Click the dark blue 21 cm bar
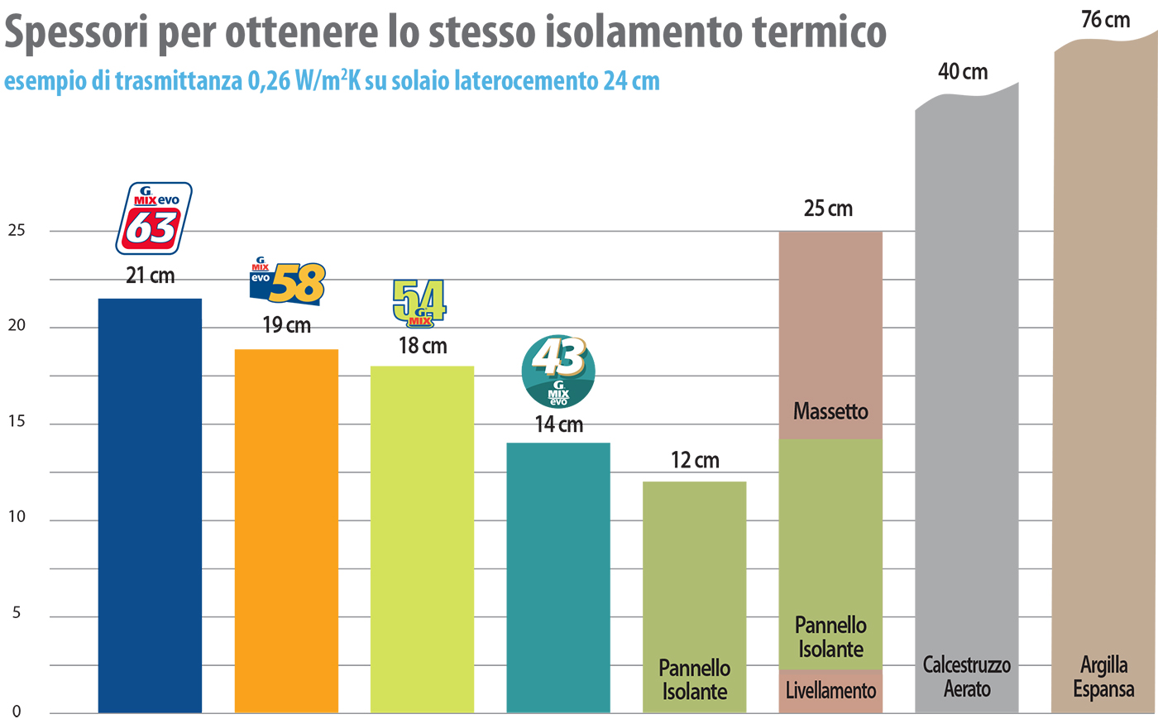click(150, 505)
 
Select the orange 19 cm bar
click(286, 530)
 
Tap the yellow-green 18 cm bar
click(422, 538)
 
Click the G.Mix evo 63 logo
click(154, 218)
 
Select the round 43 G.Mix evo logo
click(558, 371)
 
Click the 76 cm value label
click(1105, 20)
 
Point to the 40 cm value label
click(963, 72)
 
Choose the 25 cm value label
click(828, 209)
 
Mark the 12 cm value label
click(695, 460)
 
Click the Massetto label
click(830, 411)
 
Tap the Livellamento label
click(830, 690)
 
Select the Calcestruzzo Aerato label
click(967, 677)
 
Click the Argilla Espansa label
click(1103, 677)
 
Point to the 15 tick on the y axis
click(17, 422)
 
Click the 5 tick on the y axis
click(17, 614)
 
